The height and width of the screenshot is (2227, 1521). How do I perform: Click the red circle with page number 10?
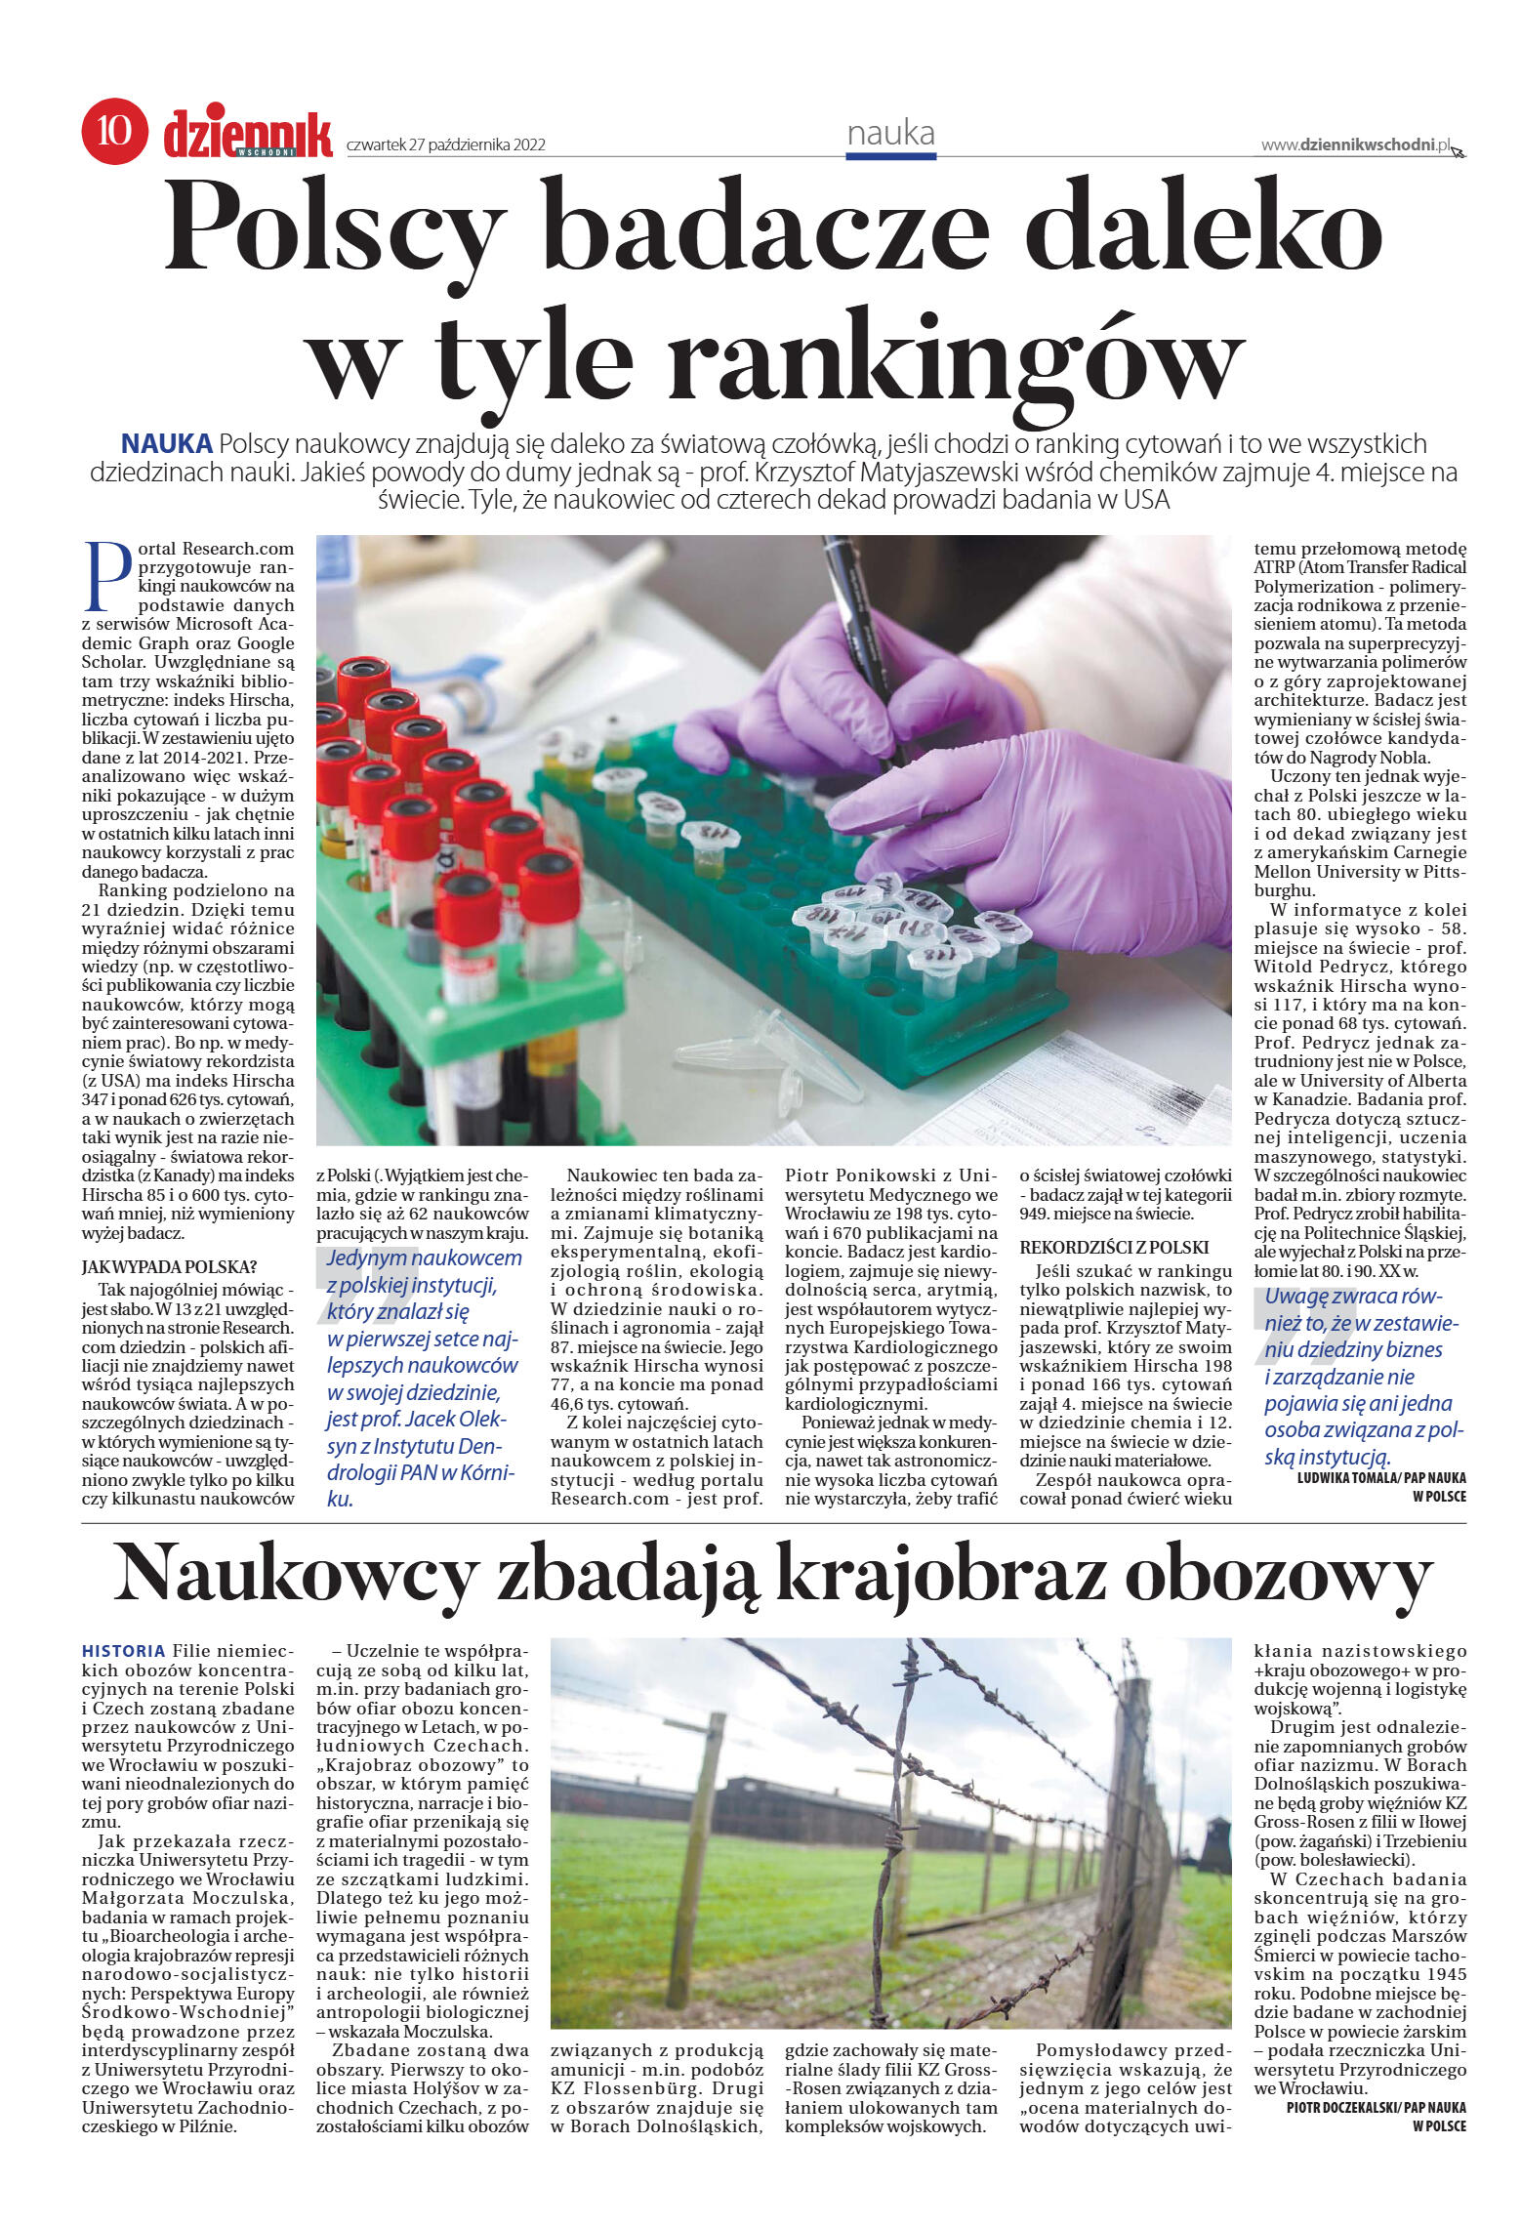[114, 131]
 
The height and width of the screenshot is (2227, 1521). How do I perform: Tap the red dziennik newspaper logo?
[247, 134]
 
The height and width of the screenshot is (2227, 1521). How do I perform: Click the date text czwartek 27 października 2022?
[445, 145]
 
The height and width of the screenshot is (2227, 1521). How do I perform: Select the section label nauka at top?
[890, 134]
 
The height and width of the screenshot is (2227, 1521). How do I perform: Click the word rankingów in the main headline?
[955, 356]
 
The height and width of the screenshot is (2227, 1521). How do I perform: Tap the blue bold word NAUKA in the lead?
[166, 444]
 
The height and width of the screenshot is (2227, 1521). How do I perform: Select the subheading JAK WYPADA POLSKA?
[168, 1267]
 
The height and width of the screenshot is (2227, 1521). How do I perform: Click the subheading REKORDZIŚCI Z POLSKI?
[1114, 1247]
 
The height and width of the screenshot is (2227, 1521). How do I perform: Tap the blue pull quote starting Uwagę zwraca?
[1364, 1377]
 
